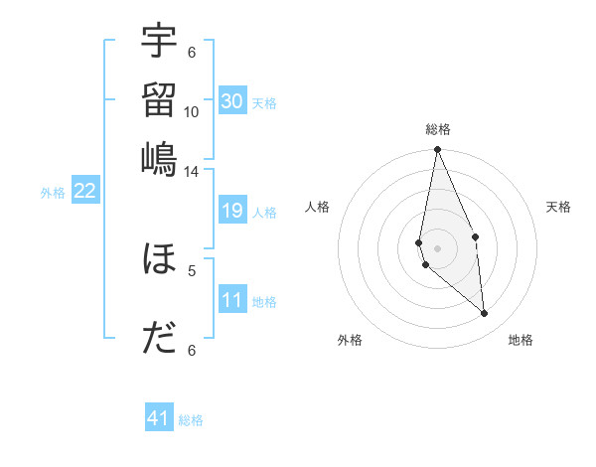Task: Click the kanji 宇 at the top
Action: [x=159, y=42]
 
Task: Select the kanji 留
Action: [x=159, y=99]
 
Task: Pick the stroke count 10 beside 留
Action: [x=192, y=111]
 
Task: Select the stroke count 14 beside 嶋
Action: [x=192, y=171]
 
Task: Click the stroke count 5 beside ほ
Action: [x=192, y=269]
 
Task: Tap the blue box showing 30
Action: [x=232, y=101]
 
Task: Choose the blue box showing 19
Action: [x=232, y=211]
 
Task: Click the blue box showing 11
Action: [x=232, y=300]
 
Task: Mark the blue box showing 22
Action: [x=84, y=192]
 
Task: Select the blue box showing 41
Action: [x=159, y=418]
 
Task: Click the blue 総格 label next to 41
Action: [x=191, y=420]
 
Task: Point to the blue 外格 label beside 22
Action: [x=53, y=193]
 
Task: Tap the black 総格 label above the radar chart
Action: [x=438, y=130]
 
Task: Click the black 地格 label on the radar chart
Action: [x=521, y=340]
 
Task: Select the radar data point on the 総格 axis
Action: [x=437, y=150]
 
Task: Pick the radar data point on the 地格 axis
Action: [x=485, y=314]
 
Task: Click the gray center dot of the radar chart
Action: [x=437, y=247]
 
